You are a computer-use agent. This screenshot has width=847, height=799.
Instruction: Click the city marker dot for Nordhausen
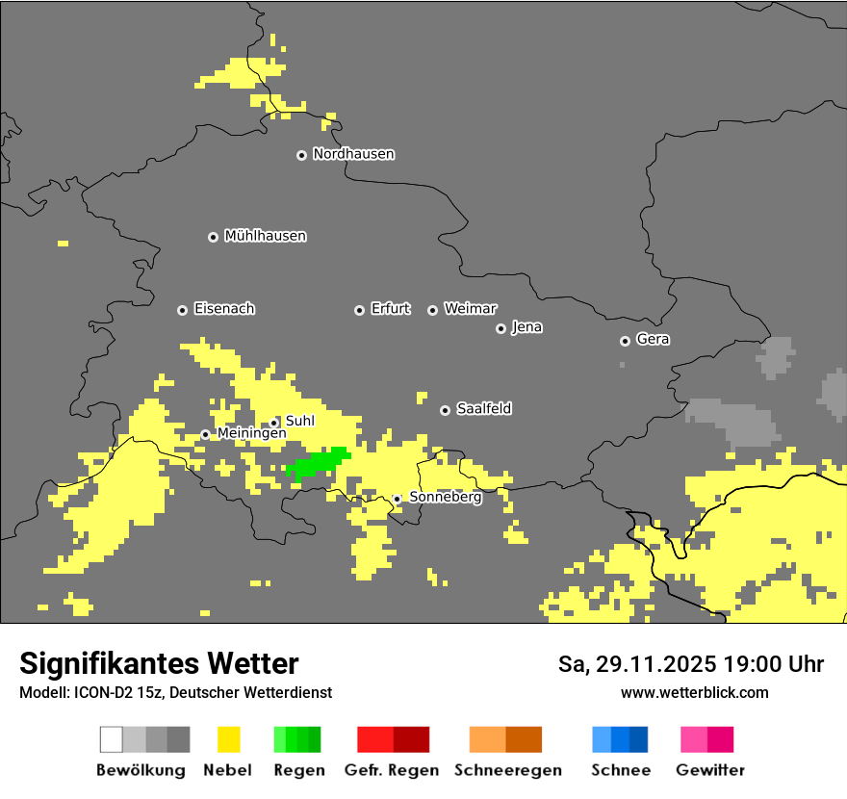[x=301, y=155]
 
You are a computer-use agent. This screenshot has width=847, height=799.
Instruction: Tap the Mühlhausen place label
[x=265, y=236]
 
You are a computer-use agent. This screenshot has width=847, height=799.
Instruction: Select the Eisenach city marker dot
[x=182, y=310]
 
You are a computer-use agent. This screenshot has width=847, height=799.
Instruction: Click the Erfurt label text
[x=390, y=309]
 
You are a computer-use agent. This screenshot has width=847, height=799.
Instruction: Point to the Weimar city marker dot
[x=432, y=310]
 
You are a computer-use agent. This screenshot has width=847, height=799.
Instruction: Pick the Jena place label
[x=526, y=327]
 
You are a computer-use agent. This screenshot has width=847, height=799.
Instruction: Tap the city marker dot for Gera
[x=625, y=341]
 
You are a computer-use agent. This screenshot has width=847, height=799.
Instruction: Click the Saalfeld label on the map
[x=483, y=409]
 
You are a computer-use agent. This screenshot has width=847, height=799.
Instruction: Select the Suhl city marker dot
[x=273, y=423]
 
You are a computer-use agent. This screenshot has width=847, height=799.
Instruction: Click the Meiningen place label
[x=251, y=434]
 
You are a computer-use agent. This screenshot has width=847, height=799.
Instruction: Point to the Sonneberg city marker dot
[x=397, y=500]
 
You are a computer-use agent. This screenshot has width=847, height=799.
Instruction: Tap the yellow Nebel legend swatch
[x=228, y=739]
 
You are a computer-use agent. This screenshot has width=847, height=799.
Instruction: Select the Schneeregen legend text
[x=507, y=770]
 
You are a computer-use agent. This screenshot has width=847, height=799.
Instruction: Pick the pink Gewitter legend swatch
[x=694, y=739]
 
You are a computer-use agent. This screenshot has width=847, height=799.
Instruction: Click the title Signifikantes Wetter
[x=159, y=664]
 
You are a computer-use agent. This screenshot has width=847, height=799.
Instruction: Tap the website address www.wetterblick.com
[x=694, y=693]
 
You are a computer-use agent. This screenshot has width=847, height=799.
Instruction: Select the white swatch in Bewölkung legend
[x=112, y=739]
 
